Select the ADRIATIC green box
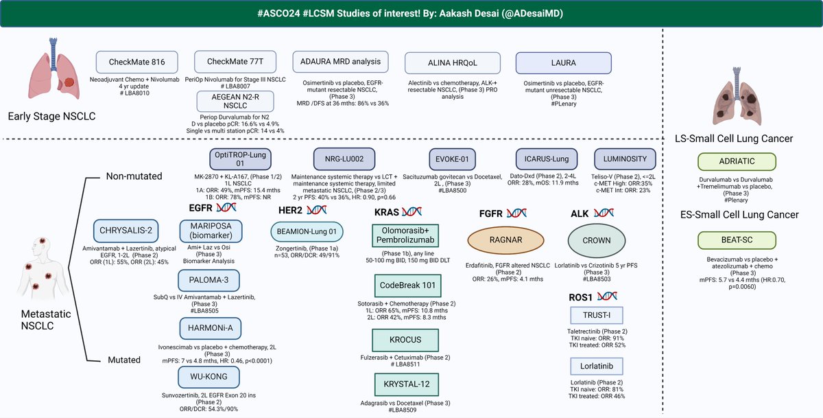tap(736, 162)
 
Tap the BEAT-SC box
tap(736, 240)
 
